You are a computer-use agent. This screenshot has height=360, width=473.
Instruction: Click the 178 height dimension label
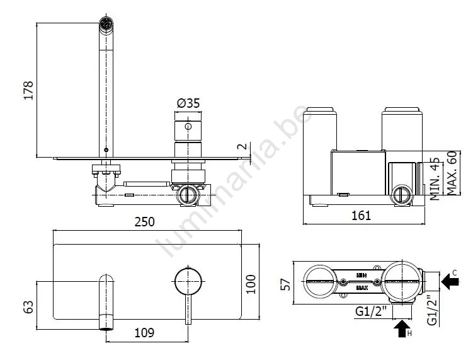(x=28, y=90)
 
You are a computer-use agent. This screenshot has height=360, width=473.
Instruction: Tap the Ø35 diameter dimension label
(x=188, y=103)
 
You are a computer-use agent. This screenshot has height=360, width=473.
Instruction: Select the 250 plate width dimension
(x=144, y=222)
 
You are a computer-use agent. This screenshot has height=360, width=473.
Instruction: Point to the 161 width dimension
(x=361, y=216)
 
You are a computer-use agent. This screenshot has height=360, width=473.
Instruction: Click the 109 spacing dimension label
(x=144, y=333)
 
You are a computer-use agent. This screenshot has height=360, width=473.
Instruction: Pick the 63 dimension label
(x=28, y=306)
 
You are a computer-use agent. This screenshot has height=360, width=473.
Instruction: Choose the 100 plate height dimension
(x=251, y=284)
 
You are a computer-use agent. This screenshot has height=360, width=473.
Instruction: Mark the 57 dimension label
(x=285, y=284)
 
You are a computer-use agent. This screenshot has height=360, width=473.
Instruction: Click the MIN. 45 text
(x=435, y=178)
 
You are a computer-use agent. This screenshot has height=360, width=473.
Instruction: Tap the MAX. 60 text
(x=452, y=173)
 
